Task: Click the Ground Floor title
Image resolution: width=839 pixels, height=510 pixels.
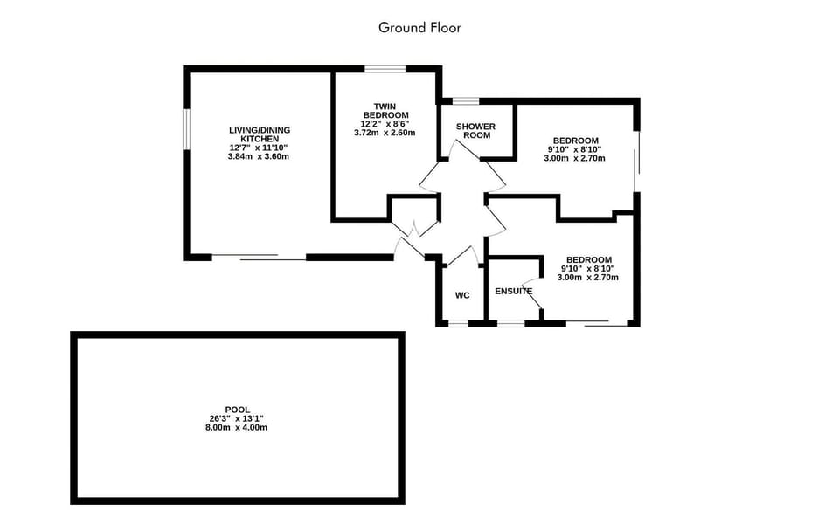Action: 419,27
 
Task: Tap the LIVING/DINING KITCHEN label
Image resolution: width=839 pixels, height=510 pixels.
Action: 260,134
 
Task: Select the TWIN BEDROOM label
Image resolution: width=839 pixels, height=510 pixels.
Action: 385,111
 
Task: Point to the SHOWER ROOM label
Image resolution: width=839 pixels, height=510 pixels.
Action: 476,131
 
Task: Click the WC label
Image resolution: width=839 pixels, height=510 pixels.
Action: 462,295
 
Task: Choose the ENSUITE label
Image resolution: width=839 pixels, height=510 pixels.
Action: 514,291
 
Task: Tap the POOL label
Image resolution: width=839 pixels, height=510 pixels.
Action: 237,410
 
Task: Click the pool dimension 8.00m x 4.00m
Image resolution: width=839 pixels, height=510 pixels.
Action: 237,428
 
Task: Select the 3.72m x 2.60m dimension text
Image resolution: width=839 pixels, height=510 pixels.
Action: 385,133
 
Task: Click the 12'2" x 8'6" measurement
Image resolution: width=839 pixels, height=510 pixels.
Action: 385,124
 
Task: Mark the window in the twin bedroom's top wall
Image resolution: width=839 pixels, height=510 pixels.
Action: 385,69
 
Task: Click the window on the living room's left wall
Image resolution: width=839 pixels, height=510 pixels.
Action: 186,135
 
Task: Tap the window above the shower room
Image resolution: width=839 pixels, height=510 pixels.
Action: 466,101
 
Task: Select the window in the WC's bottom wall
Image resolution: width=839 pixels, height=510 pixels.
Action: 458,323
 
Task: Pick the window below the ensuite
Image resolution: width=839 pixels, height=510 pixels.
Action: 510,323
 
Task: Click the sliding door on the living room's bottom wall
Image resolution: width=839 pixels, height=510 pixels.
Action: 260,258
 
